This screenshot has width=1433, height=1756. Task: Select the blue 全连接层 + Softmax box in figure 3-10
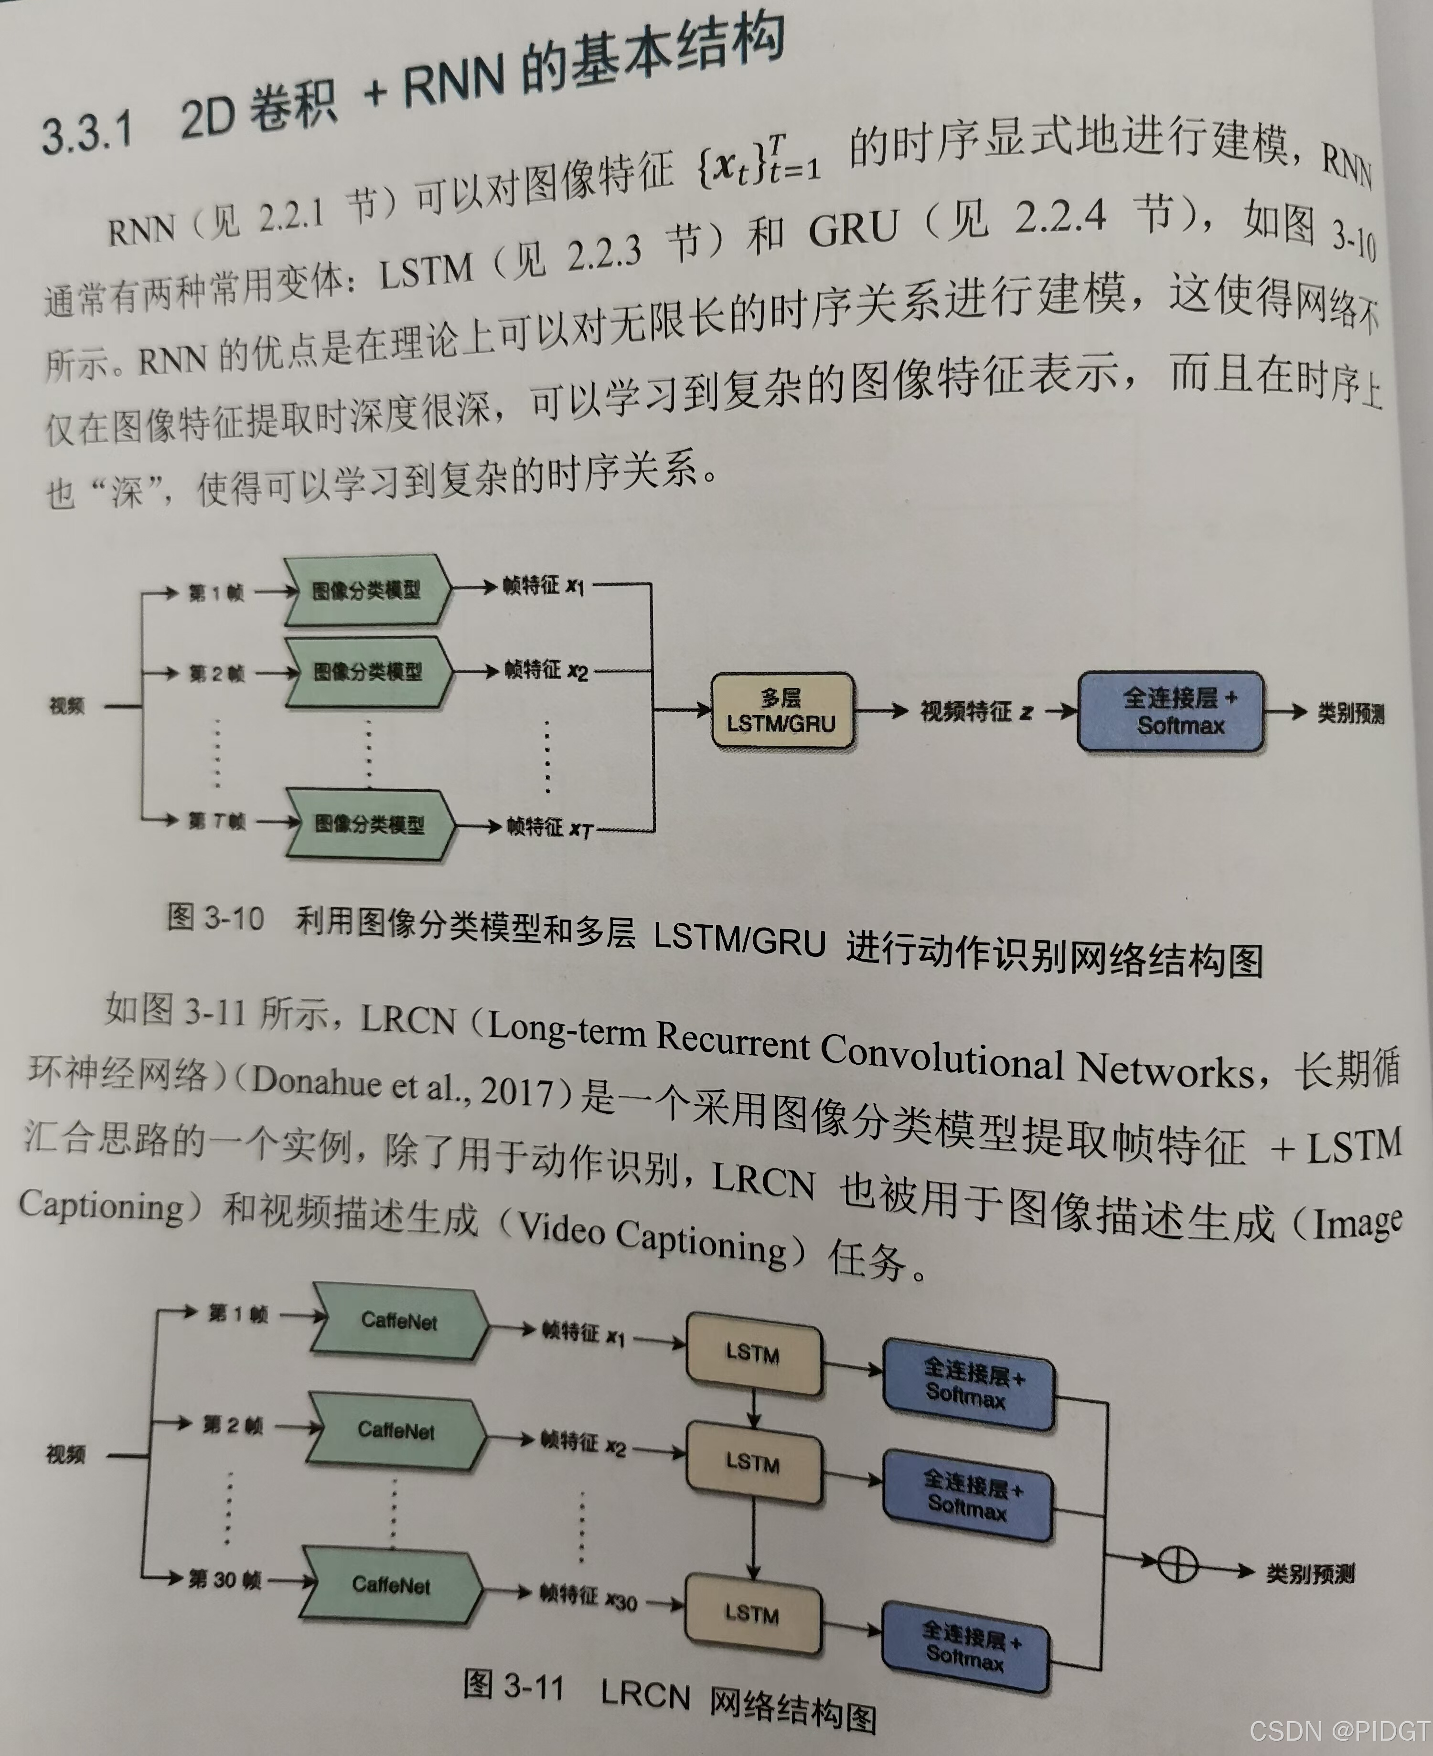tap(1170, 711)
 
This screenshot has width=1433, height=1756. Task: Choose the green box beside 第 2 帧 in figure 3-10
tap(367, 672)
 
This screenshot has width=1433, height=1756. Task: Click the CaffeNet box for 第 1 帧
tap(399, 1320)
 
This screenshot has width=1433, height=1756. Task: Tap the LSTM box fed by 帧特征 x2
tap(753, 1462)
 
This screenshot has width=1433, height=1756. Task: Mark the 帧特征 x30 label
tap(588, 1597)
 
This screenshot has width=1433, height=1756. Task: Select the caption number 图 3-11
tap(513, 1686)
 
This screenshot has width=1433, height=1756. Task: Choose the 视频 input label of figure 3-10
tap(66, 706)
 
